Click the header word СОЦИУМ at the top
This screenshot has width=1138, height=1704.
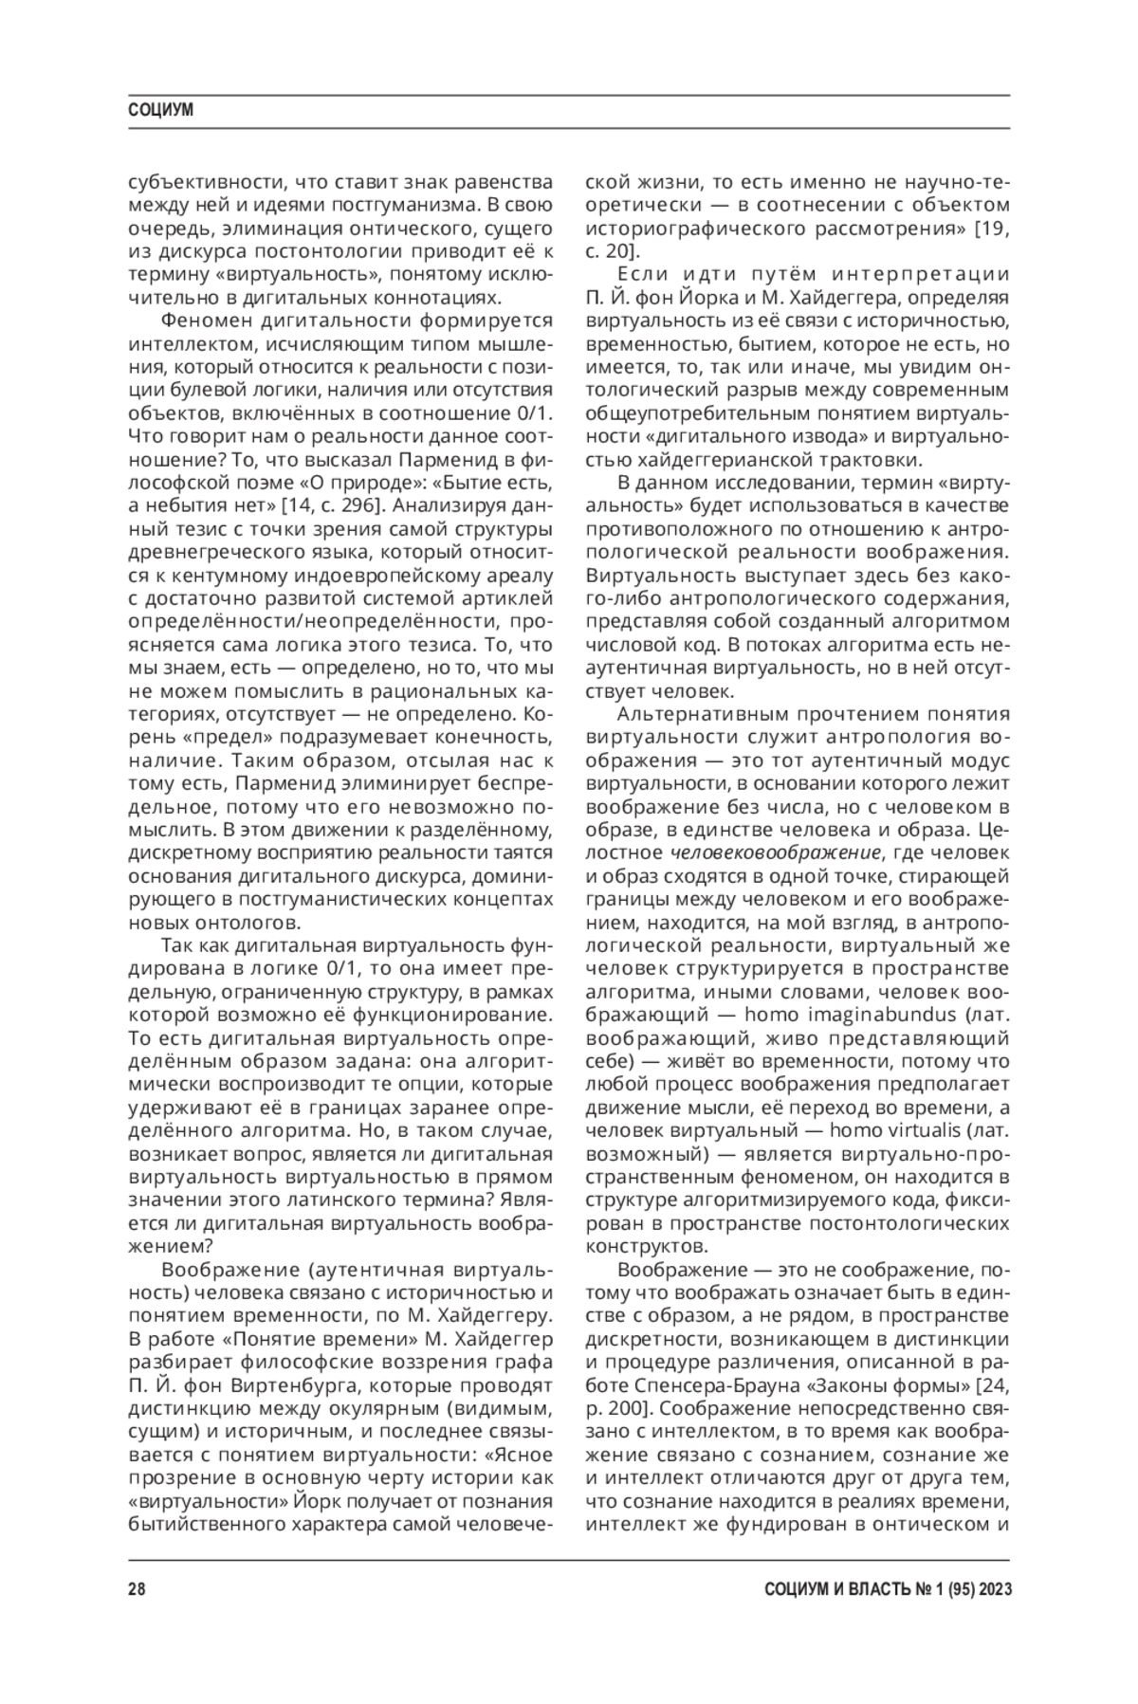pos(160,110)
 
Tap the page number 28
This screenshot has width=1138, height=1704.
pos(136,1590)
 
